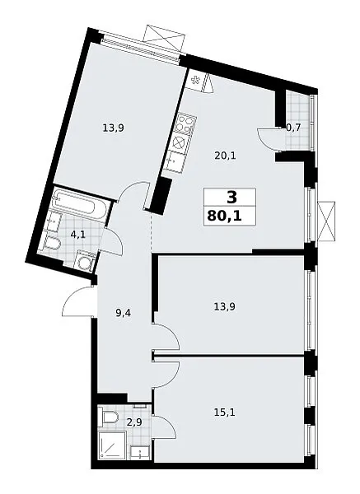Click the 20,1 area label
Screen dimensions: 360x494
[x=225, y=156]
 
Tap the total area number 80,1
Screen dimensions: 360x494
[x=224, y=217]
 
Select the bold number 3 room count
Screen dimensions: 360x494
[x=231, y=198]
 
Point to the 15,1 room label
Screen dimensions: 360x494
[x=224, y=412]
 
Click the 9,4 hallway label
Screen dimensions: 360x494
[x=124, y=313]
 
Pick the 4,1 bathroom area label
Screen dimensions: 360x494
[x=78, y=235]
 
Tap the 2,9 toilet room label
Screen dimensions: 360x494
[x=134, y=422]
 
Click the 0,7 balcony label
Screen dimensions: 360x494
[x=293, y=128]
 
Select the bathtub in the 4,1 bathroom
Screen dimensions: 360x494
[x=81, y=204]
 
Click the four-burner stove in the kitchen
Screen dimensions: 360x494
[x=185, y=123]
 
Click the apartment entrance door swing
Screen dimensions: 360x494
[x=77, y=301]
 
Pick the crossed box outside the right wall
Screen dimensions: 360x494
[x=327, y=221]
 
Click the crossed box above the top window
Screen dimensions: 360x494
[x=164, y=39]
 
